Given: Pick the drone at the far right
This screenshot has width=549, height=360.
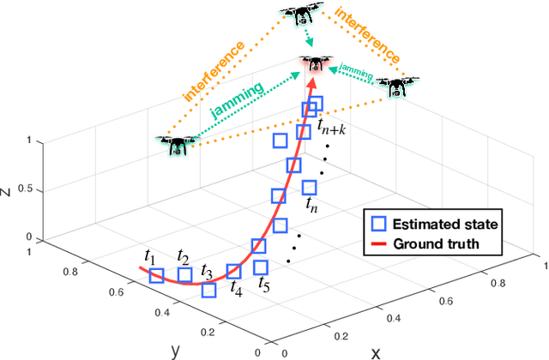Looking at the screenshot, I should click(x=399, y=87).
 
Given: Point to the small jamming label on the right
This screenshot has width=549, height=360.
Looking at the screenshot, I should click(x=357, y=68).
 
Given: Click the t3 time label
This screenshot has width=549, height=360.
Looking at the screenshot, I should click(x=206, y=272).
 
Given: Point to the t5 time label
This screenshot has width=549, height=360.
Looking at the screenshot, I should click(x=264, y=285).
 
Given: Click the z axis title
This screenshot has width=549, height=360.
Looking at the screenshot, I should click(x=7, y=192).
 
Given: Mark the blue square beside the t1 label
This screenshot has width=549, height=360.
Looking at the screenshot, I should click(x=155, y=275).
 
